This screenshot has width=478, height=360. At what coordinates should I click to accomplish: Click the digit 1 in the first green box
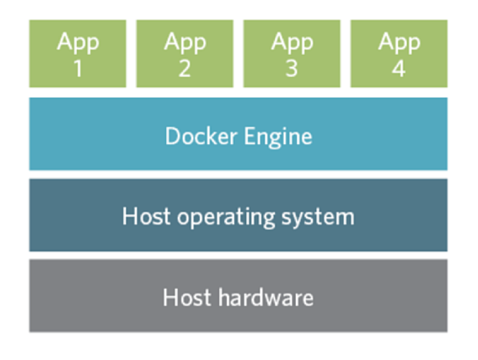pyautogui.click(x=78, y=68)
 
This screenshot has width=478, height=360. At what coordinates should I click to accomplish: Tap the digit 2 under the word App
pyautogui.click(x=185, y=68)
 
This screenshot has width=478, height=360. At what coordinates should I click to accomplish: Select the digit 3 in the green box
pyautogui.click(x=292, y=68)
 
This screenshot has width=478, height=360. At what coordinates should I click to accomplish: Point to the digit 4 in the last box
pyautogui.click(x=399, y=68)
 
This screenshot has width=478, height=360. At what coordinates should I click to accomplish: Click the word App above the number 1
pyautogui.click(x=78, y=42)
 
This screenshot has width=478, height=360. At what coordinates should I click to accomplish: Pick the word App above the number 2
pyautogui.click(x=185, y=42)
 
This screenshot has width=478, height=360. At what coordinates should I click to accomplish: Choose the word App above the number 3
pyautogui.click(x=292, y=42)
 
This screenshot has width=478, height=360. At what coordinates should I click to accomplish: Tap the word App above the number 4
pyautogui.click(x=399, y=42)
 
